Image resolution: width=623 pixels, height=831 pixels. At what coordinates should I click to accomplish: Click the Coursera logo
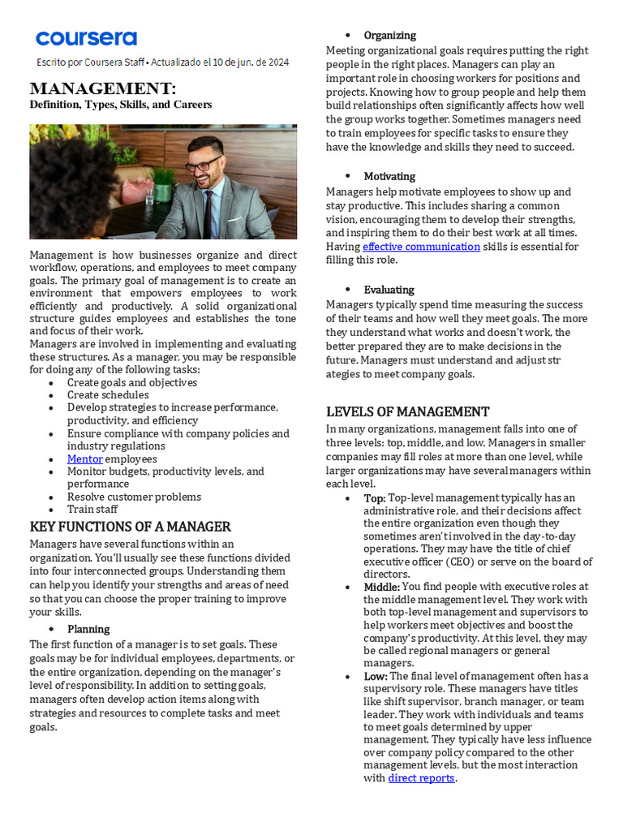(86, 38)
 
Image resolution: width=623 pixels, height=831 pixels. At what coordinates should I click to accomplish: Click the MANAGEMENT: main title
(102, 88)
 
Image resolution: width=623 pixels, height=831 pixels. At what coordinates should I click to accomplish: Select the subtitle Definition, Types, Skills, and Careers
(121, 105)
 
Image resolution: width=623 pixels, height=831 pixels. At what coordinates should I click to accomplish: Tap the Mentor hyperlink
(84, 459)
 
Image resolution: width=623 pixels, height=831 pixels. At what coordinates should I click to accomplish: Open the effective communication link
(421, 247)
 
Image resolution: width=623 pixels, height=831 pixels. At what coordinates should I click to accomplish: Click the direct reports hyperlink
(421, 778)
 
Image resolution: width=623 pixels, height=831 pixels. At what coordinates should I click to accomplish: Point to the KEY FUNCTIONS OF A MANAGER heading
(131, 527)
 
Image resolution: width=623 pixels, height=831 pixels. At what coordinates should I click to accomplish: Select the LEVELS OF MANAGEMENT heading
(407, 411)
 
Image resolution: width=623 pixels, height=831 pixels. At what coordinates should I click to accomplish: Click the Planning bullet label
(88, 629)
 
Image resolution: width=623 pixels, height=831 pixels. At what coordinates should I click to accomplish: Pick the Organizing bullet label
(389, 35)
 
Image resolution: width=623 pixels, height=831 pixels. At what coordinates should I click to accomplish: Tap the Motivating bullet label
(389, 176)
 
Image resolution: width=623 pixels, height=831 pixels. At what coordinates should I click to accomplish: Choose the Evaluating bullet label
(389, 290)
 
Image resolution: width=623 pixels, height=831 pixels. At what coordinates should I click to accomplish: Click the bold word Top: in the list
(375, 498)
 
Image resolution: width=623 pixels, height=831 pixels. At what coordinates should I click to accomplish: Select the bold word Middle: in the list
(382, 587)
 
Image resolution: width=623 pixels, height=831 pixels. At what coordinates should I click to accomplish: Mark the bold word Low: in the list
(376, 676)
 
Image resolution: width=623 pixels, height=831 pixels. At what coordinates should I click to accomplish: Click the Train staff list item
(92, 510)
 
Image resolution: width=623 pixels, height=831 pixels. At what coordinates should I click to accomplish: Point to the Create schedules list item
(108, 395)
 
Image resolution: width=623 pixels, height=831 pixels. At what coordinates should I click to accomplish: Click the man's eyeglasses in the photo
(203, 164)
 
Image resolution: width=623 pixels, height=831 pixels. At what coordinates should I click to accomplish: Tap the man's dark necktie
(208, 212)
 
